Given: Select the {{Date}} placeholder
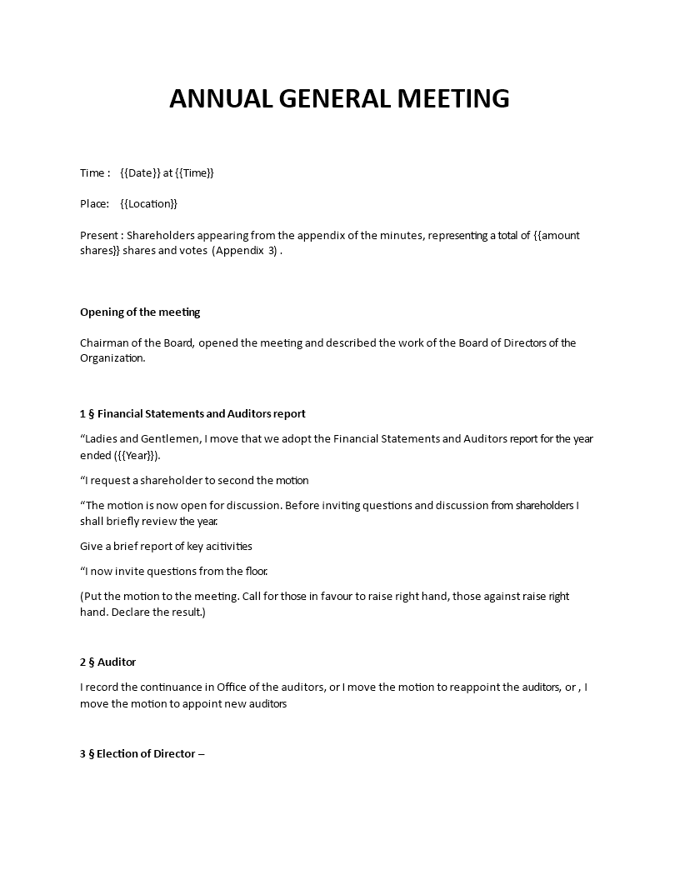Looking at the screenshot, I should tap(140, 172).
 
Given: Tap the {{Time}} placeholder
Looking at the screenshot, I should tap(194, 172).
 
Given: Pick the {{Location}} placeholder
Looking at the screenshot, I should tap(148, 203).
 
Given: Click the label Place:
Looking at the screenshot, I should tap(94, 203).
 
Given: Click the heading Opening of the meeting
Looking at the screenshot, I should tap(140, 312).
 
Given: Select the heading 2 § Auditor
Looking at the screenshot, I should tap(107, 662).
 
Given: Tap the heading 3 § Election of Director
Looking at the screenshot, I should tap(142, 754).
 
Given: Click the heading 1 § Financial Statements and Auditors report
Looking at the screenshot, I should tap(192, 413).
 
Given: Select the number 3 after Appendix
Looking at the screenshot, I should tap(272, 251).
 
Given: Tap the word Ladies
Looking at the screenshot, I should tap(103, 439).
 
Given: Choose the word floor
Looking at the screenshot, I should tap(255, 572).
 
